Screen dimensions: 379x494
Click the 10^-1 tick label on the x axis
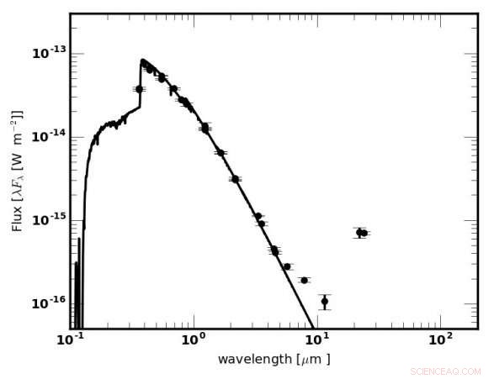click(x=72, y=341)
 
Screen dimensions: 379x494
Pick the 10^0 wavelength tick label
click(x=194, y=341)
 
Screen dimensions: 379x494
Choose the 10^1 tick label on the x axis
click(x=316, y=341)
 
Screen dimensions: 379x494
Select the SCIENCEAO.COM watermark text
click(x=446, y=371)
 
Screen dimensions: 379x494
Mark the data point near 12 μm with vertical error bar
click(x=325, y=301)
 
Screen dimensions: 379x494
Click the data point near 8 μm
click(x=304, y=280)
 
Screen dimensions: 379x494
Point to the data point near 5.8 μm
click(x=287, y=266)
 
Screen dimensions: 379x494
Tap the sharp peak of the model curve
click(x=142, y=61)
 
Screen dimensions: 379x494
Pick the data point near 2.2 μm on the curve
click(x=236, y=179)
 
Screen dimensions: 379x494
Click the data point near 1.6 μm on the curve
click(x=220, y=153)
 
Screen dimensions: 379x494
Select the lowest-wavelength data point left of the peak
click(x=139, y=89)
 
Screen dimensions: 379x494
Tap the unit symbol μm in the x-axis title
click(x=315, y=360)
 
